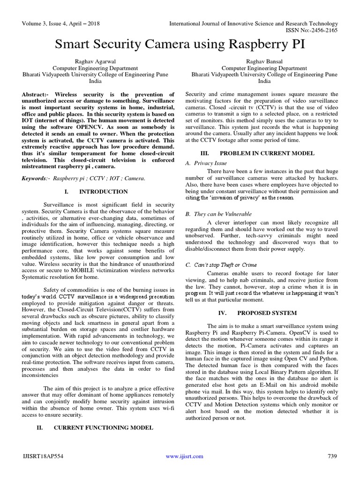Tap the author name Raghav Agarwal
point(98,61)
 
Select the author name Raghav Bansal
point(264,61)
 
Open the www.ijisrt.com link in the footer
point(185,456)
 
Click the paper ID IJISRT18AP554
point(42,456)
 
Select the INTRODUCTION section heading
point(103,192)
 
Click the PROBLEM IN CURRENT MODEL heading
point(267,153)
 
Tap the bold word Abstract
point(36,94)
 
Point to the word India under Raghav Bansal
point(264,81)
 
